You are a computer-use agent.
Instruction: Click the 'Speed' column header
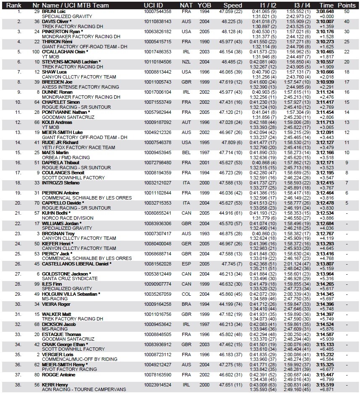(x=233, y=5)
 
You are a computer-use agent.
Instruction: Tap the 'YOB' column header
(x=205, y=5)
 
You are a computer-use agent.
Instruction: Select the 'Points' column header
(x=347, y=5)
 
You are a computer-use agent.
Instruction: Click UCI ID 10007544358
(x=157, y=11)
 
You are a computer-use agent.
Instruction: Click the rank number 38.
(x=18, y=384)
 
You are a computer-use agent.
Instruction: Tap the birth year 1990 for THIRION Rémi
(x=205, y=42)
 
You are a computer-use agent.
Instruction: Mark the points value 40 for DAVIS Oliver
(x=347, y=21)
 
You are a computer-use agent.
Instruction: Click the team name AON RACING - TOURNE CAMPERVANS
(x=84, y=389)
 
